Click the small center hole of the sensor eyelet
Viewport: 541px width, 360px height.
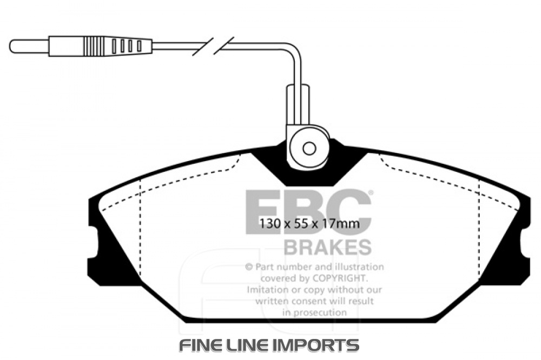pyautogui.click(x=309, y=149)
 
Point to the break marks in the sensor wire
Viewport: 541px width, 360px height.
pyautogui.click(x=214, y=45)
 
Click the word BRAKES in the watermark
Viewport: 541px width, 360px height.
pyautogui.click(x=327, y=247)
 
